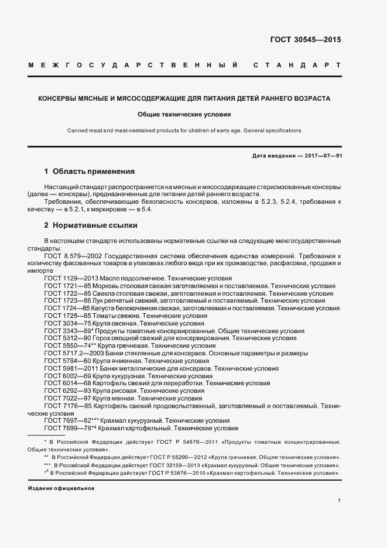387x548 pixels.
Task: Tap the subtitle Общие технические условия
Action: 184,115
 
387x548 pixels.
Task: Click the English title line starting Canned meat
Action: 184,131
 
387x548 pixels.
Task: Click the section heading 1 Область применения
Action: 90,172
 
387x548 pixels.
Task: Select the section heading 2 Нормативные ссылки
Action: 91,225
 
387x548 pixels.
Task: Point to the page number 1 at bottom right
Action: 339,500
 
